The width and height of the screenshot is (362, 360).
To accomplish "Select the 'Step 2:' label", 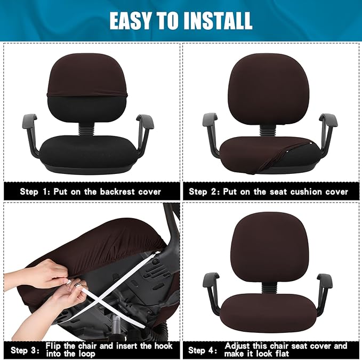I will pos(205,191).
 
